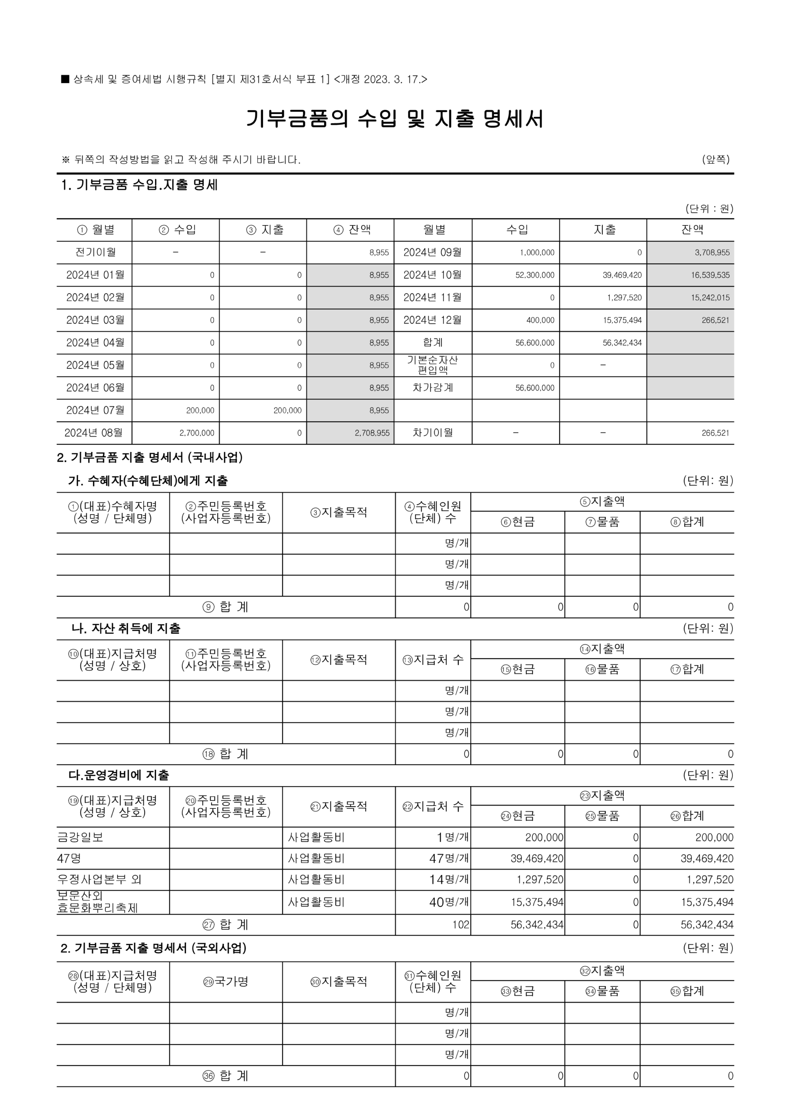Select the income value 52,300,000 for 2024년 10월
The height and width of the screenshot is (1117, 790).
click(534, 275)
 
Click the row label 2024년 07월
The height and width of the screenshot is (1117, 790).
click(95, 410)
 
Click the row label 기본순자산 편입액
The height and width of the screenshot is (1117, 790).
click(432, 365)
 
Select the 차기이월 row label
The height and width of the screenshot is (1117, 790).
click(432, 432)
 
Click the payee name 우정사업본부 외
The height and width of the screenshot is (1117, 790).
click(99, 879)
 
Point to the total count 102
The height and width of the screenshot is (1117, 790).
click(461, 924)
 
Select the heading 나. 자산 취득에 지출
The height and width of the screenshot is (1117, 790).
click(126, 628)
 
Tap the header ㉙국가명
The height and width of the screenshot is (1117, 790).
click(226, 981)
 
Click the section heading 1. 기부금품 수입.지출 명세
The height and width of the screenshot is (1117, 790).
click(139, 185)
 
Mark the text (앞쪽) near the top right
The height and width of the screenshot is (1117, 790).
click(715, 159)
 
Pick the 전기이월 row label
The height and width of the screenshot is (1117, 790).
click(95, 252)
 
